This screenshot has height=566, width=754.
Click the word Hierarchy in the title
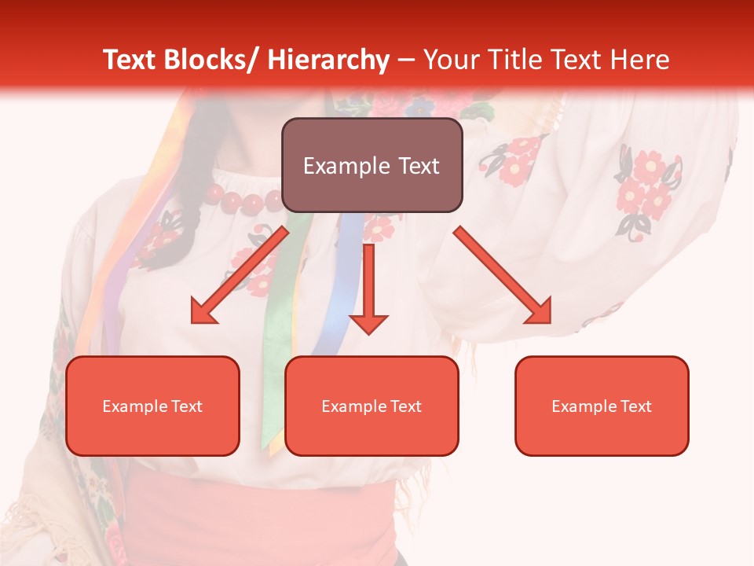point(328,60)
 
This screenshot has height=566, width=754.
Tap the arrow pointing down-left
point(240,275)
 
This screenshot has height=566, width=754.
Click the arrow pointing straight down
point(368,283)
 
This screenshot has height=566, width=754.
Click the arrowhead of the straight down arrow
point(368,323)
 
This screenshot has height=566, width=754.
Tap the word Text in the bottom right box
point(635,406)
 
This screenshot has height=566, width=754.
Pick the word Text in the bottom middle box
point(405,406)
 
